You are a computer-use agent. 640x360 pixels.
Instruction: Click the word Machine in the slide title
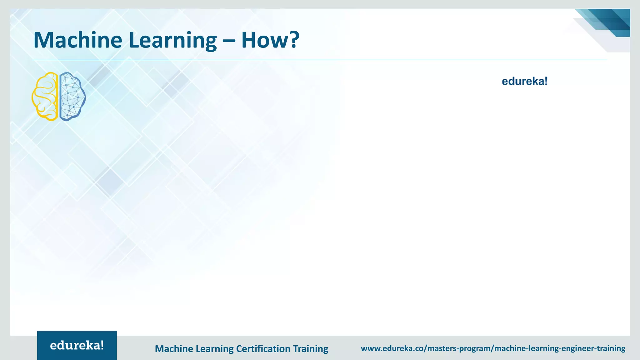tap(77, 40)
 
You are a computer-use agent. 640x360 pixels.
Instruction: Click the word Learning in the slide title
tap(172, 41)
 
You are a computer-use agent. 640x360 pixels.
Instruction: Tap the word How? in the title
tap(270, 40)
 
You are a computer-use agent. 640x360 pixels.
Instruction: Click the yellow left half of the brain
tap(46, 96)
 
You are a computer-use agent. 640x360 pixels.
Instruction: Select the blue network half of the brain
tap(72, 96)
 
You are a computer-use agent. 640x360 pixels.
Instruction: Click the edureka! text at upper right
tap(524, 82)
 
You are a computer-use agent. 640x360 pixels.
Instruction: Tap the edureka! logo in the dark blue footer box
tap(77, 345)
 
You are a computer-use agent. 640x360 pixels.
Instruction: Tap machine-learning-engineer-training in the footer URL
tap(560, 348)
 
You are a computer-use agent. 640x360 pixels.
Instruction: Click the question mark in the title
tap(293, 40)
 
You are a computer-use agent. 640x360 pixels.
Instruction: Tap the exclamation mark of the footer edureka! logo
tap(102, 345)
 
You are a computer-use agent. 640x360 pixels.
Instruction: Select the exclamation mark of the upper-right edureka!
tap(546, 81)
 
